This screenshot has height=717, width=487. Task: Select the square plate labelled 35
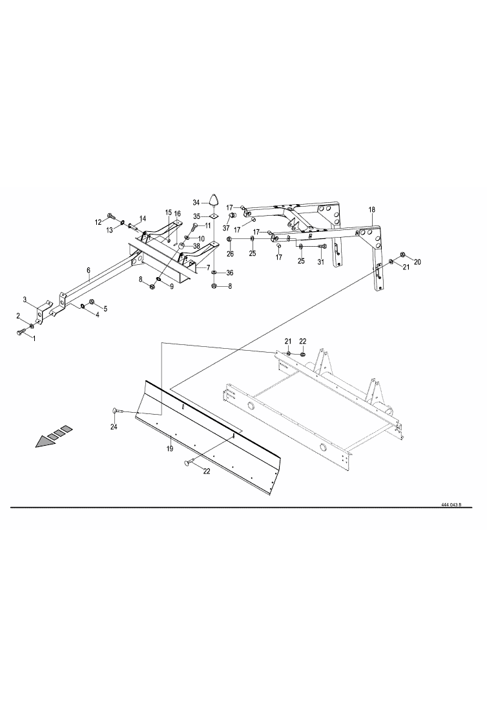[214, 216]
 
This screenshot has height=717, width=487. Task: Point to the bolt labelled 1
[19, 332]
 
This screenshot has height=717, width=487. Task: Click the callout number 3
[25, 300]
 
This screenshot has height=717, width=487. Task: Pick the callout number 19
[170, 448]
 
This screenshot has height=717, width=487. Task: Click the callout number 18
[371, 210]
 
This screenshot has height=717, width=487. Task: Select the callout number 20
[417, 262]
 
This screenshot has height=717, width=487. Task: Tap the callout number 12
[99, 222]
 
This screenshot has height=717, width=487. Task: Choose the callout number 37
[227, 227]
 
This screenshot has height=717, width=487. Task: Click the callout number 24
[114, 427]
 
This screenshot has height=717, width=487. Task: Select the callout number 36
[229, 273]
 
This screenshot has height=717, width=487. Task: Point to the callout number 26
[229, 255]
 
